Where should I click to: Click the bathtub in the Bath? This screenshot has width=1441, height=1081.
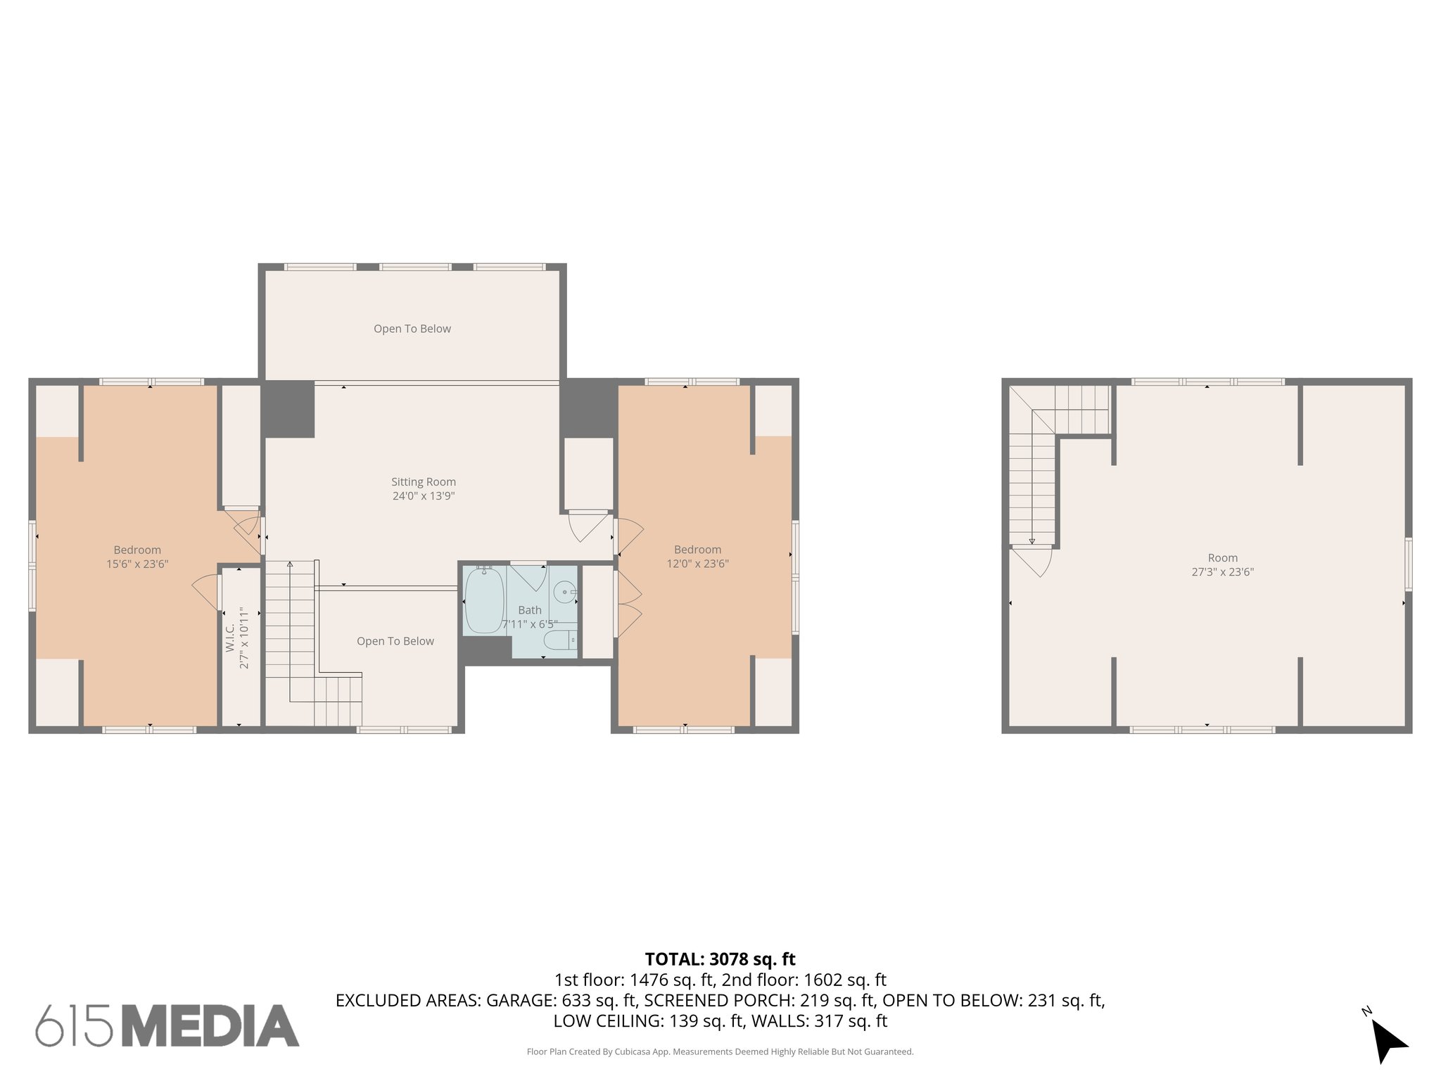click(484, 600)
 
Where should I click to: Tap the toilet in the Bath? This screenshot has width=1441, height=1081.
click(560, 640)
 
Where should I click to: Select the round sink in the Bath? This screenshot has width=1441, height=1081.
click(564, 592)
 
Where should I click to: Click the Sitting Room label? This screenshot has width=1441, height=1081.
click(424, 482)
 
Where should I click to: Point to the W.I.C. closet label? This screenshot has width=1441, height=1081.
click(230, 637)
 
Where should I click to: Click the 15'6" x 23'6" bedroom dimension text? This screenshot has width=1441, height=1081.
click(137, 564)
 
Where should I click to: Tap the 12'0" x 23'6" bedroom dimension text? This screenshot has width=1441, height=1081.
click(697, 564)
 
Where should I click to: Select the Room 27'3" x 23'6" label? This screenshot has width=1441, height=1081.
click(1222, 565)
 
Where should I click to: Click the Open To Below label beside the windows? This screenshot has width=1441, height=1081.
click(412, 329)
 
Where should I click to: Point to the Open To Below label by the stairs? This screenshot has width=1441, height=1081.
click(395, 641)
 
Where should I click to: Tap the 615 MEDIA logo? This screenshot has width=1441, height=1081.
click(167, 1025)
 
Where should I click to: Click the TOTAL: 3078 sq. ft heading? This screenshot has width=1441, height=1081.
click(720, 959)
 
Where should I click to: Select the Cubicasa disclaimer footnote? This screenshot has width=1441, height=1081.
click(720, 1052)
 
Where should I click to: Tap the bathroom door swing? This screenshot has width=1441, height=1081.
click(529, 576)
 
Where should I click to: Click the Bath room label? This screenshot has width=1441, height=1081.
click(530, 610)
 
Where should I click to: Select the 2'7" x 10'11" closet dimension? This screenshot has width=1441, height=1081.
click(244, 637)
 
